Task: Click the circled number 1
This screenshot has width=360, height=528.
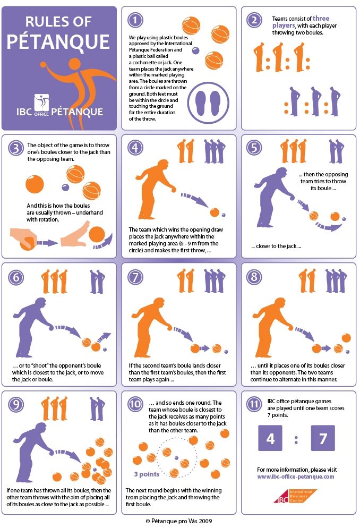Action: [x=135, y=20]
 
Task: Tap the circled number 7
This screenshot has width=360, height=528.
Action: [x=135, y=277]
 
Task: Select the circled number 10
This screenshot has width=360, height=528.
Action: [x=135, y=404]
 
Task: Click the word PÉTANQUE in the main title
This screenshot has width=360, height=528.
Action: [x=58, y=42]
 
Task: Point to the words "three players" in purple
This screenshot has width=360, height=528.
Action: [x=301, y=22]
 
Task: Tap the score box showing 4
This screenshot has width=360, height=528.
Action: [x=270, y=438]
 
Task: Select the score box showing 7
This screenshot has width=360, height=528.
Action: [x=323, y=438]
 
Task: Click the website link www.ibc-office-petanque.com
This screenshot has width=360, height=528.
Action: [x=296, y=477]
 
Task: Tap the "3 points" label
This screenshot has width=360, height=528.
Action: [x=147, y=474]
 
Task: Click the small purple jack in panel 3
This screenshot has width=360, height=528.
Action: [x=65, y=187]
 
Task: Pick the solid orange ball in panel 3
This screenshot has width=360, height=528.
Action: [x=35, y=184]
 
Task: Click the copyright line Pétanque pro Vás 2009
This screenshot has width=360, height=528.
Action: [x=179, y=521]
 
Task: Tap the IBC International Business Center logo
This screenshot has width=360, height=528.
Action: [x=295, y=496]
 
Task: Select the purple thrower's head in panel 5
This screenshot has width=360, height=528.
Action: [x=280, y=173]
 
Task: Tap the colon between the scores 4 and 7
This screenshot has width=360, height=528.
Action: [x=296, y=440]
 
